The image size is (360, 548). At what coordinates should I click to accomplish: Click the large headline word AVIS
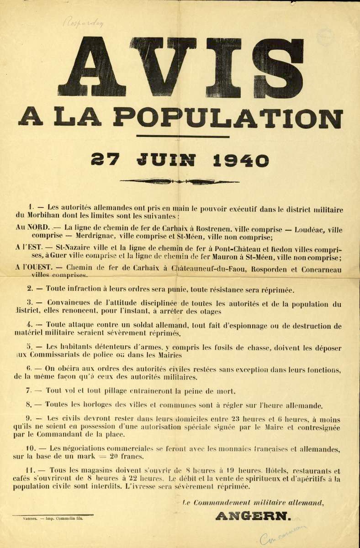click(180, 68)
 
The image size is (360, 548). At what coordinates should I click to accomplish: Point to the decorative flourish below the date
click(180, 181)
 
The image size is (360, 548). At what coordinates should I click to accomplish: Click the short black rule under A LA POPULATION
click(182, 136)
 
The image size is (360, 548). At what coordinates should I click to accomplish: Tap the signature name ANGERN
click(253, 516)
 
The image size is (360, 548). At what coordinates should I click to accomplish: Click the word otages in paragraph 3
click(210, 311)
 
